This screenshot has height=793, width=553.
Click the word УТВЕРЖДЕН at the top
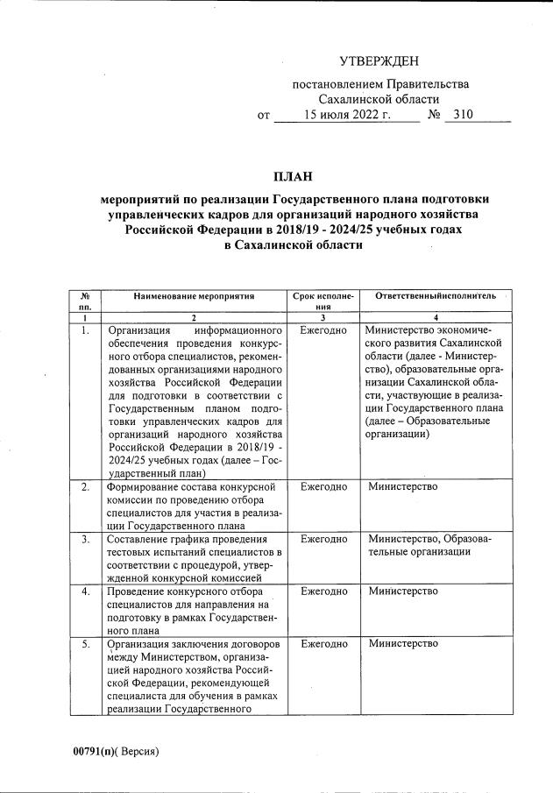(x=379, y=60)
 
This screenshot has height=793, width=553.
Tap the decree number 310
(x=457, y=115)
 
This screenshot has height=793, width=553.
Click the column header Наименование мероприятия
(x=194, y=297)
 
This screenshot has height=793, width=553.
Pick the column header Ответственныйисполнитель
(x=436, y=297)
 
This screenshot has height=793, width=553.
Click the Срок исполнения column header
(x=323, y=302)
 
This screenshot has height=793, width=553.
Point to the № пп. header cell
(x=85, y=302)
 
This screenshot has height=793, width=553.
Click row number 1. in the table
(x=85, y=331)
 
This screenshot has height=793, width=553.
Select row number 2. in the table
(x=85, y=486)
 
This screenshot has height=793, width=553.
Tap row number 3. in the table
(x=85, y=539)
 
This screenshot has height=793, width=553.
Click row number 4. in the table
(x=85, y=591)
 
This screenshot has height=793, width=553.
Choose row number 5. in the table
(x=85, y=644)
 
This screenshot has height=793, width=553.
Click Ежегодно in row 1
(x=323, y=331)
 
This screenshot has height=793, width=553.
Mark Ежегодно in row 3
(x=323, y=539)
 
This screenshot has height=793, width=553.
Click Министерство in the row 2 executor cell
(x=403, y=486)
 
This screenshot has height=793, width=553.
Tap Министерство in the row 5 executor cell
(x=403, y=644)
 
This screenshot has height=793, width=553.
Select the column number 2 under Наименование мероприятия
(x=194, y=317)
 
